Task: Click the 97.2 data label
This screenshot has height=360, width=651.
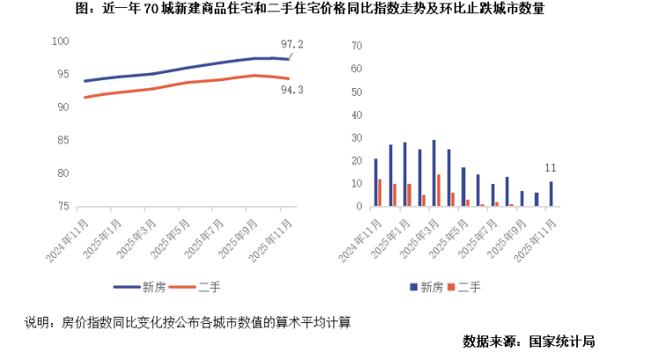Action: (292, 44)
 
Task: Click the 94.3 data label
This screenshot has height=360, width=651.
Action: (292, 90)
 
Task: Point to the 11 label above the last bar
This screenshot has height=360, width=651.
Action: (551, 168)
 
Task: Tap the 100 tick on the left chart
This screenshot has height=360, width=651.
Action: (60, 41)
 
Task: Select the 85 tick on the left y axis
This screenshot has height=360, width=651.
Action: (63, 140)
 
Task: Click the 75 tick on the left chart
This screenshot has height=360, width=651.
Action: (63, 206)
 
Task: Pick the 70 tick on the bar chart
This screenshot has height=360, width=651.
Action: (356, 46)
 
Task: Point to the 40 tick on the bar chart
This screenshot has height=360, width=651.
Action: (356, 115)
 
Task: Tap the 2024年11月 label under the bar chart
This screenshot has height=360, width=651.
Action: (361, 240)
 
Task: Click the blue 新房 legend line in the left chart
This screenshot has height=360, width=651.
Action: (127, 287)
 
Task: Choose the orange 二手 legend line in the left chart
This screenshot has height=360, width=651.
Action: (182, 287)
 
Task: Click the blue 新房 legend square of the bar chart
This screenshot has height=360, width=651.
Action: (413, 287)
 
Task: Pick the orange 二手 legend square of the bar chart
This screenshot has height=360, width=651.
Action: (451, 287)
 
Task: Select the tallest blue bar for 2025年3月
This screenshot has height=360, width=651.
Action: (434, 173)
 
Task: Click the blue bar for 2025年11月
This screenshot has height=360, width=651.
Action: (551, 194)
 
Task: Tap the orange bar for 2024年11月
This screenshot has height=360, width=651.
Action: (379, 193)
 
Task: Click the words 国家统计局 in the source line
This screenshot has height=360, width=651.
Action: (562, 342)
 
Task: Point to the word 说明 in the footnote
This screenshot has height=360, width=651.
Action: (37, 322)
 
